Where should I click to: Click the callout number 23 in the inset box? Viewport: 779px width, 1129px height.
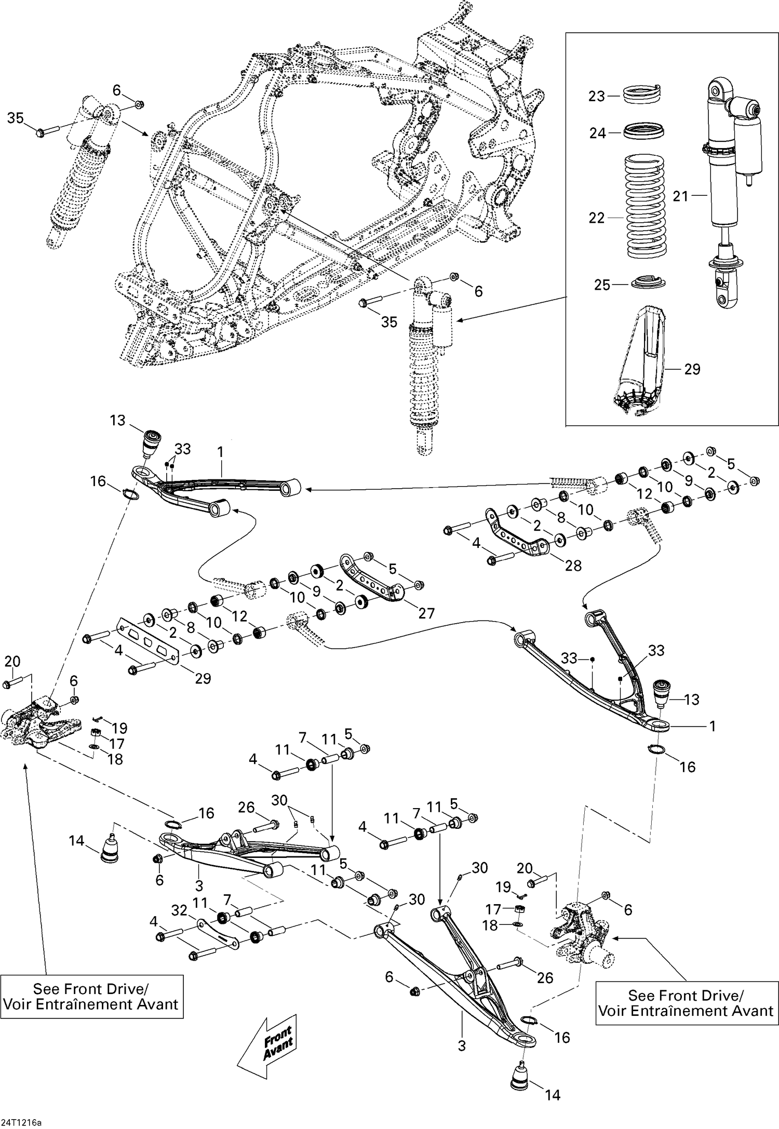click(x=597, y=96)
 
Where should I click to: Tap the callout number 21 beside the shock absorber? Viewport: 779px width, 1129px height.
click(x=680, y=196)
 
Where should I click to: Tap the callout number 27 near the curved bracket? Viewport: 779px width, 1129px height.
click(x=426, y=613)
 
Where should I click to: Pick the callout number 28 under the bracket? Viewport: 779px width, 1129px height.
click(x=573, y=566)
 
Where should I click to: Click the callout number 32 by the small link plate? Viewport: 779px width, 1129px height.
click(x=180, y=909)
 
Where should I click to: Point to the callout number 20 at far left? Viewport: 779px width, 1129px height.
click(x=12, y=662)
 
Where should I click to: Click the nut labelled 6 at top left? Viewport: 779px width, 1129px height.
click(x=139, y=105)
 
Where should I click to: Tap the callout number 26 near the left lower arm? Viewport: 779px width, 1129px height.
click(x=246, y=808)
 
